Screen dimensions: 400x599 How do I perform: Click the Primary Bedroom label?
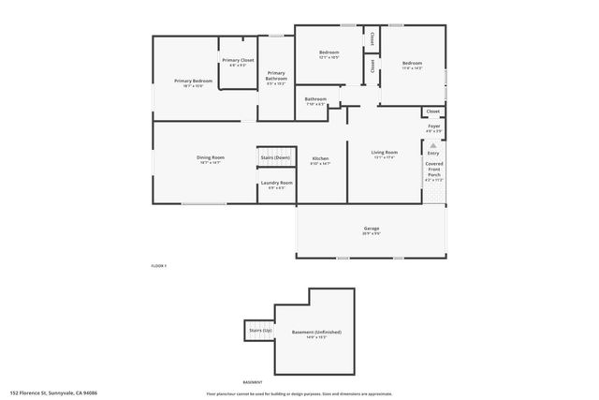pos(194,81)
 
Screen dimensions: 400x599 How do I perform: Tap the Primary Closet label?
pos(238,61)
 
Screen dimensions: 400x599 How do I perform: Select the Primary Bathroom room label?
pos(276,75)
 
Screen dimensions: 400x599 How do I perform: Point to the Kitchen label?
pos(320,158)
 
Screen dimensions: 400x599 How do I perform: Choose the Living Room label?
pos(385,153)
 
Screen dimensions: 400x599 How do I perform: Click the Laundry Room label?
pos(276,183)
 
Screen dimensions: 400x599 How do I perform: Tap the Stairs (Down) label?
pos(276,157)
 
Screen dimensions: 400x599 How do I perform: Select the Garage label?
pos(372,229)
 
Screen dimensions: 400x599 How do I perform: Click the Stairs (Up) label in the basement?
pos(259,331)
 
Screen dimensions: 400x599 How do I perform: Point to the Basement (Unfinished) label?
pos(316,333)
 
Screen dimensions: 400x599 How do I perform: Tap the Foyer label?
pos(433,126)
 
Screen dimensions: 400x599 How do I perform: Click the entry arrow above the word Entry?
pos(433,145)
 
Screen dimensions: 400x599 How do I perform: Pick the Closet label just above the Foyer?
pos(433,111)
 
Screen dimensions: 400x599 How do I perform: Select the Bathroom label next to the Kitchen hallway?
pos(315,98)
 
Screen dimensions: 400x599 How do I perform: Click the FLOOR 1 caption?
pos(159,267)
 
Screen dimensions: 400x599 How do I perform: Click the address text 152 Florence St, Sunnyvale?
pos(48,393)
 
